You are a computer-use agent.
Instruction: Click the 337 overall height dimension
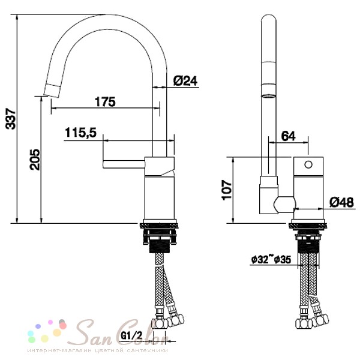click(x=11, y=119)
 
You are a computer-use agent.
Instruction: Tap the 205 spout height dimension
click(x=35, y=160)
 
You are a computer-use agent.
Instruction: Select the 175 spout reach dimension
click(x=105, y=102)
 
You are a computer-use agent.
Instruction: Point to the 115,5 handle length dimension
click(x=81, y=133)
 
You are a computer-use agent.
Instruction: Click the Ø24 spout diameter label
click(x=185, y=81)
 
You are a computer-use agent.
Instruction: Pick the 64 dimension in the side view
click(x=288, y=136)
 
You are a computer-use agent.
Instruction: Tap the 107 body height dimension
click(x=227, y=190)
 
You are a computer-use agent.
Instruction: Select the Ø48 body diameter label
click(x=341, y=203)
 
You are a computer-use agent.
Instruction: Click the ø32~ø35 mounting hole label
click(x=271, y=259)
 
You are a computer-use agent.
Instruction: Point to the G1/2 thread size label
click(x=131, y=335)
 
